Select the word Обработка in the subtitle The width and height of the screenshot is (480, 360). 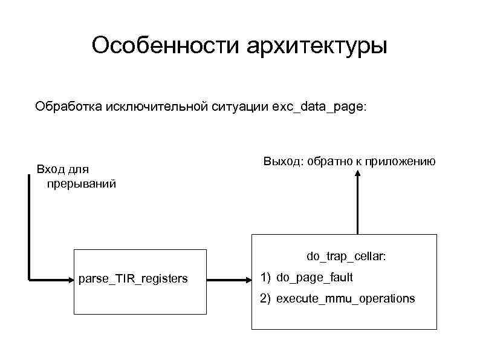(68, 107)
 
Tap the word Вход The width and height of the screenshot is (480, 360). (50, 168)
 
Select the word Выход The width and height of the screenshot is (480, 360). (283, 162)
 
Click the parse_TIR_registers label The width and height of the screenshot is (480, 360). (133, 279)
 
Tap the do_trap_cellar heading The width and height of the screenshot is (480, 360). (346, 257)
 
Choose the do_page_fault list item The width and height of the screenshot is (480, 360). (314, 278)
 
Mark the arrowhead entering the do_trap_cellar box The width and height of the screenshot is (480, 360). (246, 280)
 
